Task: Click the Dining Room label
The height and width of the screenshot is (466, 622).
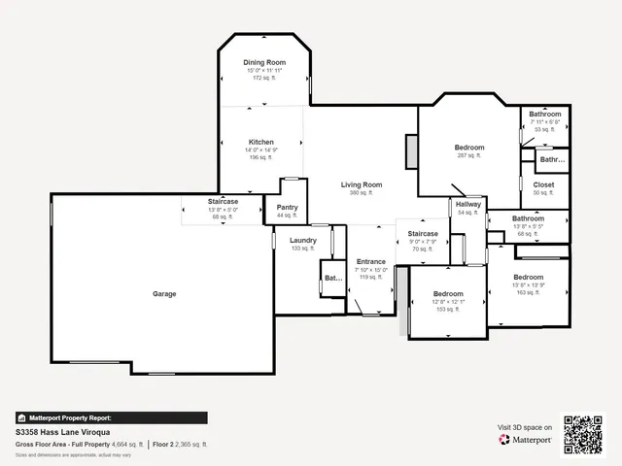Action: point(264,62)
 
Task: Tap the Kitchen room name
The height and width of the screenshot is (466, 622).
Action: point(260,142)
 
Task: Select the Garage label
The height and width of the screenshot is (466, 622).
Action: point(164,293)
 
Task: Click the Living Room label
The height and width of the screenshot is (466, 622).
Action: point(361,184)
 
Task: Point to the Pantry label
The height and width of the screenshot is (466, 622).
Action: point(287,207)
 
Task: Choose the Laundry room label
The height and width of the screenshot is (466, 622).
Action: point(302,240)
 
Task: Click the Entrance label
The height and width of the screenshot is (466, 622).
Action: point(371,261)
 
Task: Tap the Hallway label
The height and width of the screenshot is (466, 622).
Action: point(469,204)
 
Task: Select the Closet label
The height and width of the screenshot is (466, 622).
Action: point(543,184)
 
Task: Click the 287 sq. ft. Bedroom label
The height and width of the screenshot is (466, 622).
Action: point(468,148)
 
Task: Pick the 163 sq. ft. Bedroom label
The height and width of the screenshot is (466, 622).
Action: point(529,277)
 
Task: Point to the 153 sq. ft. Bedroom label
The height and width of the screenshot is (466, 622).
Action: point(448,293)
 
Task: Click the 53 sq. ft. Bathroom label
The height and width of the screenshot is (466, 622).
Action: point(544,115)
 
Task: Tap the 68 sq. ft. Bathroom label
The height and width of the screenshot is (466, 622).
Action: point(528,218)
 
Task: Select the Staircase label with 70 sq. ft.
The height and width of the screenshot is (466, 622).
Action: point(423,234)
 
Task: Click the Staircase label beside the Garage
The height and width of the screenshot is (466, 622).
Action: point(223,202)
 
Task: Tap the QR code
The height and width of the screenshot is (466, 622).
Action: point(584,435)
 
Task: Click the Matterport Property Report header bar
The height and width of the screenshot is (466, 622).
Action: point(111,418)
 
